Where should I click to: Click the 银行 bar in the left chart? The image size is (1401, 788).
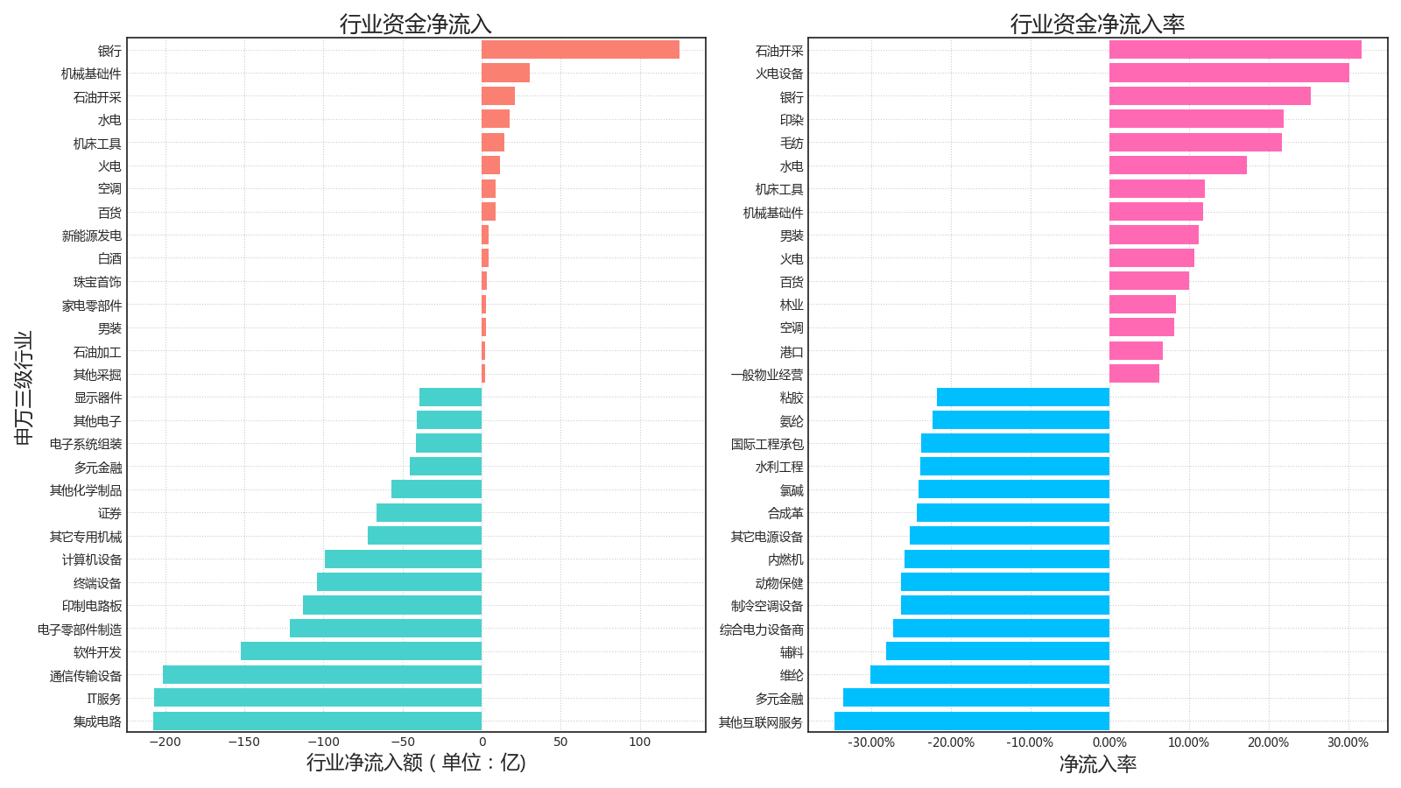coord(580,50)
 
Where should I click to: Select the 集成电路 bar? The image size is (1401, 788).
coord(317,721)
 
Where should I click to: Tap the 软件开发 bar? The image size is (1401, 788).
coord(361,651)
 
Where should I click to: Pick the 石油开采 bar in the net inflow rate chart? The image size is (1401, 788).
coord(1235,50)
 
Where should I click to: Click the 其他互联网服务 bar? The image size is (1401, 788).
coord(971,721)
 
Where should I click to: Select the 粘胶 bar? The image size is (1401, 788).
coord(1023,398)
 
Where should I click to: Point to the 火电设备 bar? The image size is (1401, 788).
coord(1229,73)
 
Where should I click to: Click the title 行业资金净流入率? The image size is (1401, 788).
coord(1097,24)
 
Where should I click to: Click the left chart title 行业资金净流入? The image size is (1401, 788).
coord(416,24)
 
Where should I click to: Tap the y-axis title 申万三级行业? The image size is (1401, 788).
coord(24,387)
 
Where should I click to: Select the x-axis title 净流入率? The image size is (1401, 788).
coord(1097,763)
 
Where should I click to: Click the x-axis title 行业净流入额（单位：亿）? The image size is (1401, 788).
coord(416,762)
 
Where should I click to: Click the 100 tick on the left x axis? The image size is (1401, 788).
coord(640,742)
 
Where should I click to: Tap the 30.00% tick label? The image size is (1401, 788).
coord(1347,743)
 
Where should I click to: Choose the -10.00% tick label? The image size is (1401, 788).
coord(1029,743)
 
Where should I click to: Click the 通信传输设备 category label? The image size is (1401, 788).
coord(86,676)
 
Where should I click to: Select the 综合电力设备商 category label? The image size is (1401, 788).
coord(761,630)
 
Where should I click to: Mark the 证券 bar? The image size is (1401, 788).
coord(429,512)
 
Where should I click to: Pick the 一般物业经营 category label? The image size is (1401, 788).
coord(766,375)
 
